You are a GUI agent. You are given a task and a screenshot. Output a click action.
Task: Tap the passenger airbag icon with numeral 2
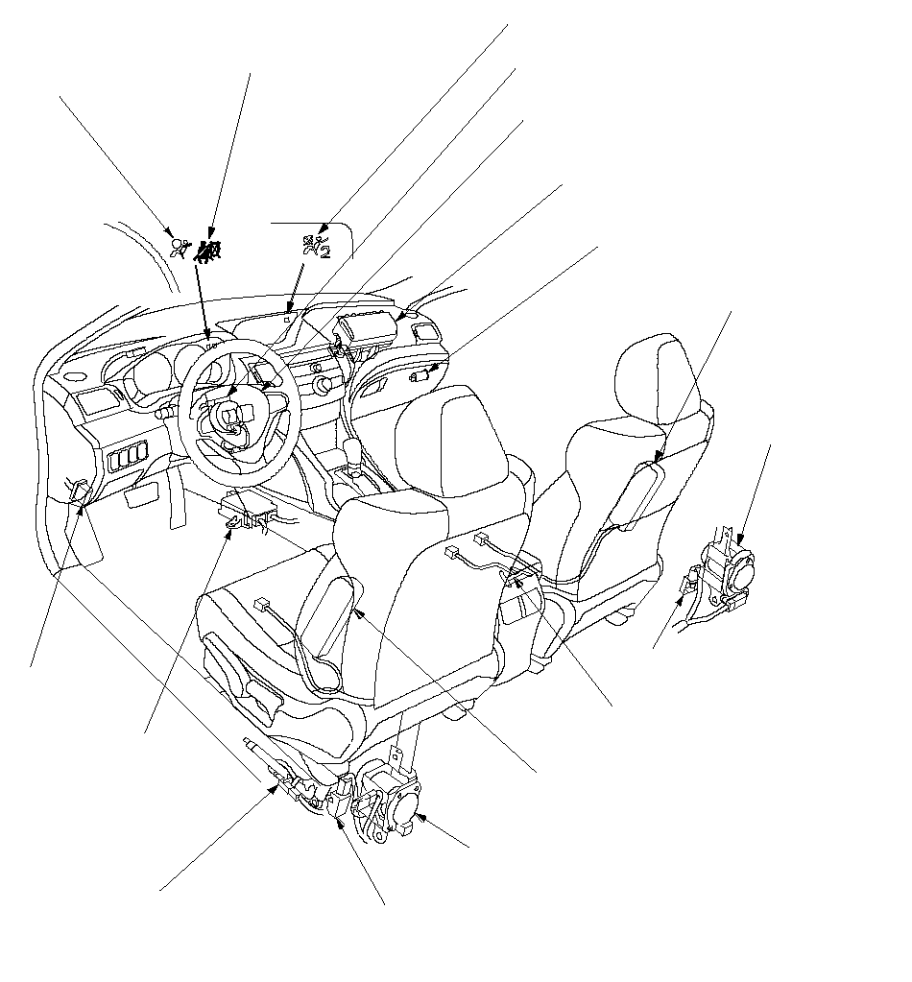(x=316, y=245)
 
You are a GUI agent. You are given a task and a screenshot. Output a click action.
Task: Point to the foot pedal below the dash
(x=138, y=496)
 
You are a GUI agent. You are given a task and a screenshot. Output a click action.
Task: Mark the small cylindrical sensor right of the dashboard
(x=419, y=376)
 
